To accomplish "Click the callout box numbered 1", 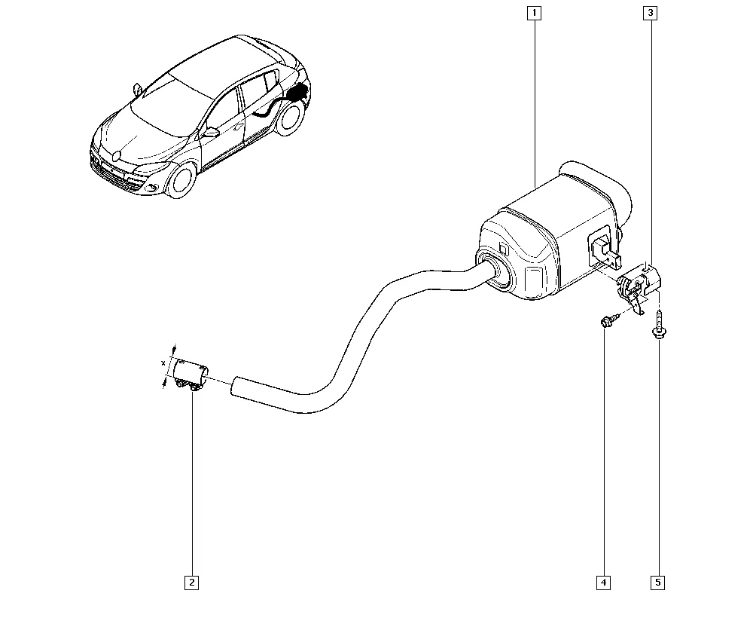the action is pos(534,13).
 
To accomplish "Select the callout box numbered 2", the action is pos(191,583).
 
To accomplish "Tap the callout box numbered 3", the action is pos(651,13).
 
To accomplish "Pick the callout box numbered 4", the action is pos(603,583).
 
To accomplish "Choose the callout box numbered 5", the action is pos(658,583).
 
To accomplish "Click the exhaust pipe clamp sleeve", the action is pos(191,373).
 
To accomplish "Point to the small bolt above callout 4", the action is pos(607,320).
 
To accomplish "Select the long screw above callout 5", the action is pos(658,324).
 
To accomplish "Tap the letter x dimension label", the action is pos(163,363).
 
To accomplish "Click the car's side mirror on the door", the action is pos(210,132).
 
